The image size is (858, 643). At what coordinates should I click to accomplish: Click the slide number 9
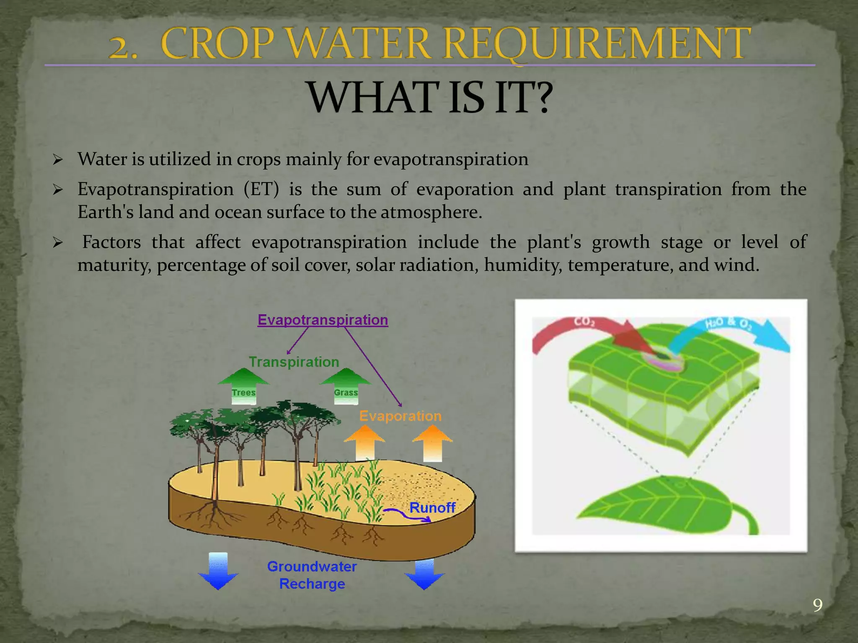click(x=817, y=605)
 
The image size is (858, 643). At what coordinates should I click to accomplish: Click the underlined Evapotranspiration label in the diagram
click(x=323, y=320)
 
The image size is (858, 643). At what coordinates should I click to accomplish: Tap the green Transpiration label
click(x=294, y=362)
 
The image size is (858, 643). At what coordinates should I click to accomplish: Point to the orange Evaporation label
click(x=400, y=416)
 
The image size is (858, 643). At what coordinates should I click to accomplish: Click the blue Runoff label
click(x=432, y=508)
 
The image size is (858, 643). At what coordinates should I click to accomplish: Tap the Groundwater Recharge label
click(x=312, y=575)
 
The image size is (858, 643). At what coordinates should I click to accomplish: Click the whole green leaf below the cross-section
click(x=666, y=507)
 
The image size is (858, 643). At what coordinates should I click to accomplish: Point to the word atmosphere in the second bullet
click(x=431, y=212)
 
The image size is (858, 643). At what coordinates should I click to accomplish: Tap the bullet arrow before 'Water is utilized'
click(x=58, y=159)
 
